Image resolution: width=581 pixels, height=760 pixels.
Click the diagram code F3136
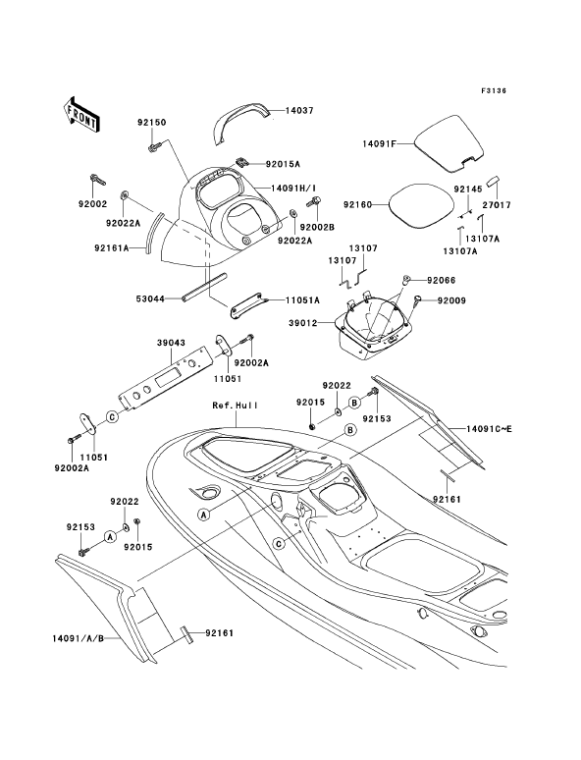point(494,90)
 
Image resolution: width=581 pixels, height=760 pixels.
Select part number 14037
point(299,111)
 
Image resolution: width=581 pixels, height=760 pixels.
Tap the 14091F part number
point(380,143)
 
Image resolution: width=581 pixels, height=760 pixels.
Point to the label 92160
point(357,204)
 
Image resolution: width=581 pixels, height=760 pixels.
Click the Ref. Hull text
point(235,406)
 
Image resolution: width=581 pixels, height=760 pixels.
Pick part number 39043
point(171,343)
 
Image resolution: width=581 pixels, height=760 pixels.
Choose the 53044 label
point(150,299)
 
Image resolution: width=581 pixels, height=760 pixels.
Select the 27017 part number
point(497,205)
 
